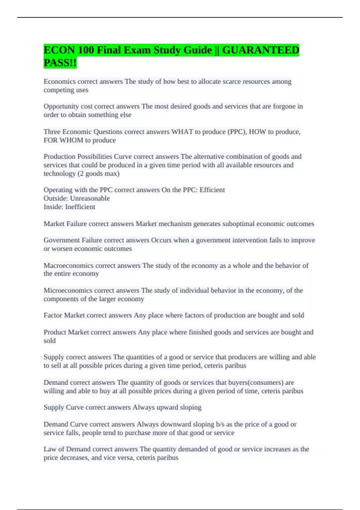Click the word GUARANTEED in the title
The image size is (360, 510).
click(260, 50)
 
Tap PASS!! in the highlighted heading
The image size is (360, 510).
click(60, 63)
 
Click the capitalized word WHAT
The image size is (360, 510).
click(182, 132)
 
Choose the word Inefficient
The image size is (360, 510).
click(80, 207)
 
